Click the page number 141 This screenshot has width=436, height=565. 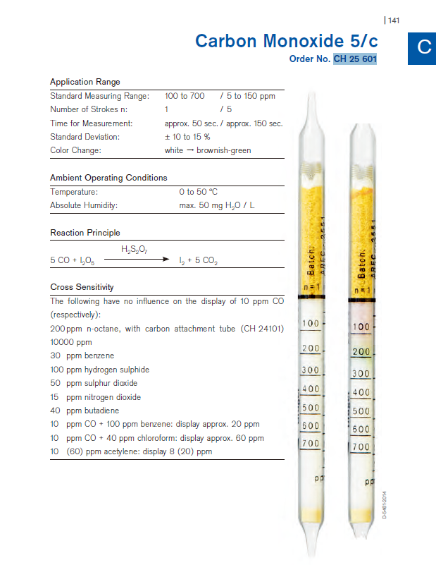(393, 20)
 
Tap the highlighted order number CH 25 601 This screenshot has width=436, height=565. (355, 59)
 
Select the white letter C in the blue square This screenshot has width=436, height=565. (423, 47)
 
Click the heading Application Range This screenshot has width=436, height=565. (85, 82)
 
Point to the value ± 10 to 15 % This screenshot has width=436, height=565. (187, 137)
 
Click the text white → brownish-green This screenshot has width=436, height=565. (207, 150)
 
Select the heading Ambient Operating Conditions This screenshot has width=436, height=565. (108, 178)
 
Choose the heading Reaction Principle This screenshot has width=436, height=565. (85, 233)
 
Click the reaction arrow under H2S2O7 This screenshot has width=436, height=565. (144, 260)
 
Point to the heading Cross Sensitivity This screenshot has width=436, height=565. (82, 287)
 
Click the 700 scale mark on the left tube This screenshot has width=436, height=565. (311, 444)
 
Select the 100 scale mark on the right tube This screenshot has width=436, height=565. (361, 327)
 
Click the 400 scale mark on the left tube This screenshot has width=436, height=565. (311, 389)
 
